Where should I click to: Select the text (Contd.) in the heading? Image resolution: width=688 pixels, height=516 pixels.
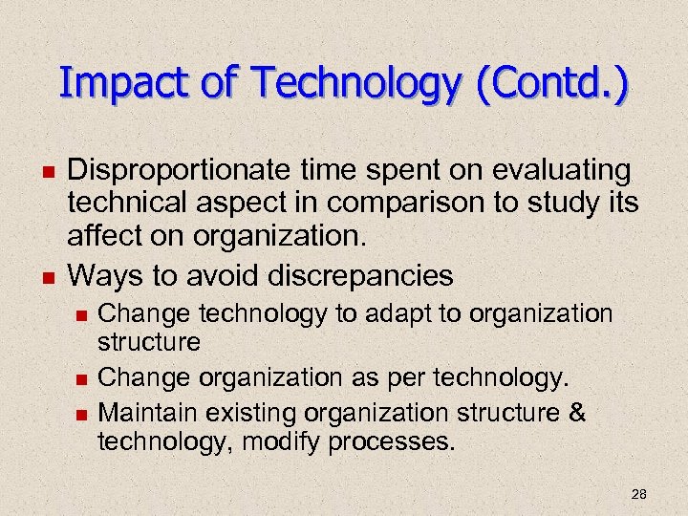(x=555, y=84)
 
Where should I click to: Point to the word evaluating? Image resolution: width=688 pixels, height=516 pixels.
(x=561, y=171)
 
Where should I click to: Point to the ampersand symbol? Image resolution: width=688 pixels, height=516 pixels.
(x=577, y=413)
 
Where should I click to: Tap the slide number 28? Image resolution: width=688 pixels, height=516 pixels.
(x=639, y=494)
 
